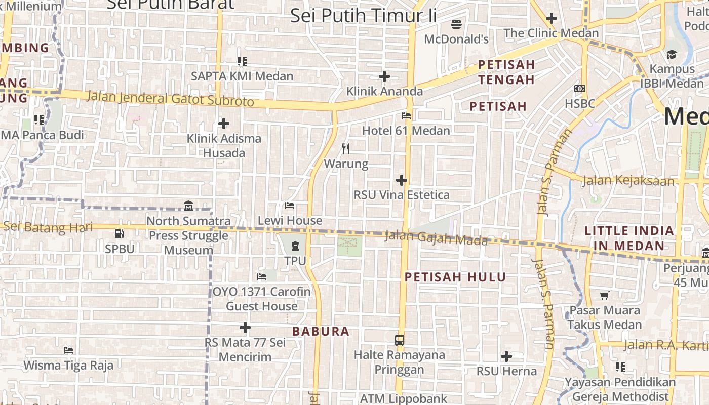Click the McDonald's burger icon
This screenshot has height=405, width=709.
(x=456, y=24)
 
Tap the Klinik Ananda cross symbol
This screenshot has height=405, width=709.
(x=384, y=76)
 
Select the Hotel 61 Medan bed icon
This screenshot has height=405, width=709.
(x=406, y=116)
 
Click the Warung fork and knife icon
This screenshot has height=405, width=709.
(x=346, y=148)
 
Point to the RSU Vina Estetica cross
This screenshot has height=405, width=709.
(x=402, y=180)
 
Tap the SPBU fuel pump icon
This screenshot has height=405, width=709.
(x=120, y=234)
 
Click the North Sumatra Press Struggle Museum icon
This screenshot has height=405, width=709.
(x=188, y=206)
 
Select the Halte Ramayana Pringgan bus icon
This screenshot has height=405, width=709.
(x=400, y=340)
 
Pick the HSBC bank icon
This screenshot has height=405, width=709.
(x=580, y=89)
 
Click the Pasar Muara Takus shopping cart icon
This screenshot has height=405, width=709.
(x=604, y=295)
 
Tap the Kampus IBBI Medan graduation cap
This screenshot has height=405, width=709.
(x=672, y=54)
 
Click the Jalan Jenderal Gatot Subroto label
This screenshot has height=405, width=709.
(x=170, y=98)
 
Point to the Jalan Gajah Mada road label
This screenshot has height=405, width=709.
(x=436, y=237)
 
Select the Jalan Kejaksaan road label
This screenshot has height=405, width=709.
(x=628, y=180)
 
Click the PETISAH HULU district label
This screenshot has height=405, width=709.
(x=455, y=277)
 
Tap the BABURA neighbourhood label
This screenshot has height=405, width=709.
(x=321, y=332)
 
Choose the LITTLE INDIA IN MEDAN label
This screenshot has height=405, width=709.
(x=629, y=238)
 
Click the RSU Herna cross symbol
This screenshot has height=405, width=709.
(x=506, y=356)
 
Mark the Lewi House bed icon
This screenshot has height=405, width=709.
(x=290, y=206)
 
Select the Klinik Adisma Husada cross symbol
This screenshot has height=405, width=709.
(x=224, y=124)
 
